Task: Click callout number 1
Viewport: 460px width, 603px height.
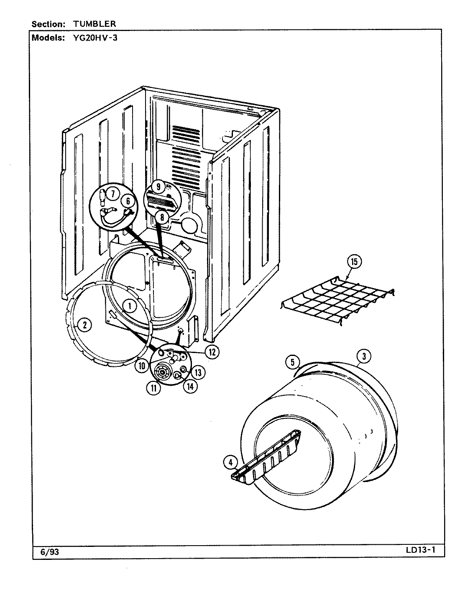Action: (130, 306)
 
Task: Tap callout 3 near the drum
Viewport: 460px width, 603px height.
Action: (364, 356)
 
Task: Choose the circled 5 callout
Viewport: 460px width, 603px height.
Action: (293, 362)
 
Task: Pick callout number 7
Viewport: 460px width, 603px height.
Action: (112, 193)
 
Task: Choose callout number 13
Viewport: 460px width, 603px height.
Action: (198, 371)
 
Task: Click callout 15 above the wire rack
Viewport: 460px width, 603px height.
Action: (354, 262)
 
